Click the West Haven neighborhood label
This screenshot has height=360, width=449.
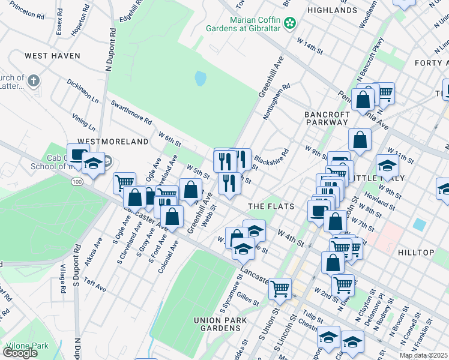pyautogui.click(x=52, y=56)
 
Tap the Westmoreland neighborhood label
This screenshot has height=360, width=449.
pyautogui.click(x=113, y=142)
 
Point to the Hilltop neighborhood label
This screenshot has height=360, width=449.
pyautogui.click(x=415, y=253)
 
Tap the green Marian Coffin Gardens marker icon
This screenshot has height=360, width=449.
pyautogui.click(x=290, y=23)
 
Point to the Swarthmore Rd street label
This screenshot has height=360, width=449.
pyautogui.click(x=131, y=112)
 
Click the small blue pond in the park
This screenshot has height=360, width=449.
pyautogui.click(x=200, y=78)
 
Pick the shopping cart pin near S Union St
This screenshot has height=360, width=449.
pyautogui.click(x=280, y=289)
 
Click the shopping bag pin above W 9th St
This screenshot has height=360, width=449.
pyautogui.click(x=359, y=140)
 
